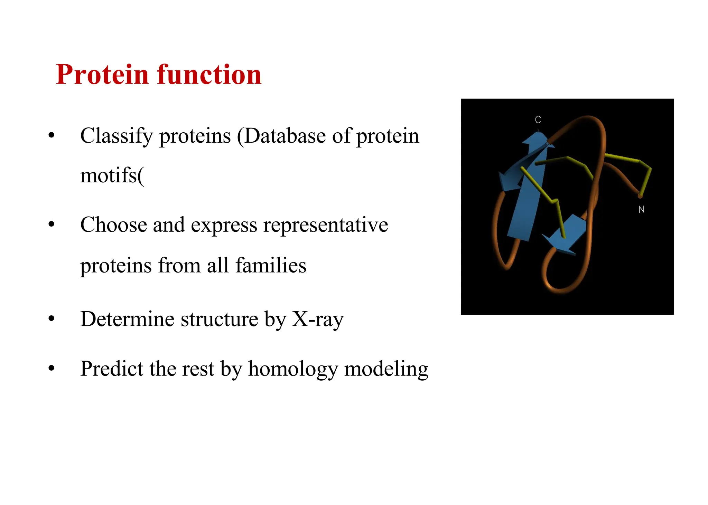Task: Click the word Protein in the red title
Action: (x=102, y=75)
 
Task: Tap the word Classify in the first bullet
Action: (x=117, y=136)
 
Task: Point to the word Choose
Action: (x=113, y=225)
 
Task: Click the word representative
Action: (x=325, y=225)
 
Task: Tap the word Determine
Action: (x=127, y=319)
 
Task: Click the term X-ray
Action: (x=318, y=319)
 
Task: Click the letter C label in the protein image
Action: (x=538, y=120)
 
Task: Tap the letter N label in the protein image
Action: (x=641, y=209)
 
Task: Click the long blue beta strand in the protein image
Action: (x=525, y=207)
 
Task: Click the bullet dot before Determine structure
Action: (x=52, y=319)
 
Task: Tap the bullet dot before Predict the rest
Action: (x=52, y=369)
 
